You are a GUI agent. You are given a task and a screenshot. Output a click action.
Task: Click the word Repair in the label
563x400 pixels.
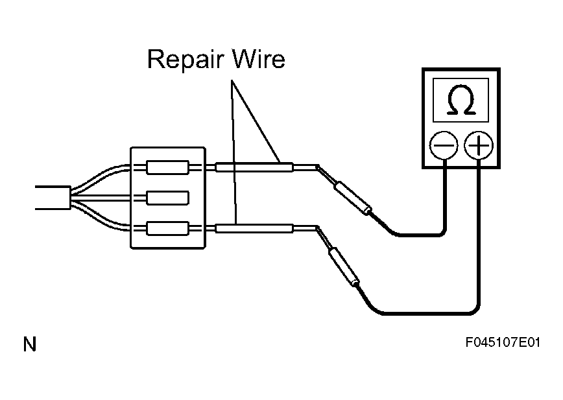(186, 60)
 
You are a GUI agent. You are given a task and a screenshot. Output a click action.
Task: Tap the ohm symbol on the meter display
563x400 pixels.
(461, 100)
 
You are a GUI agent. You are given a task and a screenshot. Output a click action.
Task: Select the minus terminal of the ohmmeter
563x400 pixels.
(444, 145)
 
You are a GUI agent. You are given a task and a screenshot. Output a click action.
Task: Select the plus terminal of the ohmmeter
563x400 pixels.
(479, 145)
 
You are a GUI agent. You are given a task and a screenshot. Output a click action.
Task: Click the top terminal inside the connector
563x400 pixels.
(168, 167)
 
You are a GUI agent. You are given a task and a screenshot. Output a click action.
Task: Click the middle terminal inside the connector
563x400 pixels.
(168, 198)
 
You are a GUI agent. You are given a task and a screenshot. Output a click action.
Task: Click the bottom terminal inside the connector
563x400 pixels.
(168, 228)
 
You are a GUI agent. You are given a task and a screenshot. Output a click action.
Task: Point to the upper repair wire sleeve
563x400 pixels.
(254, 167)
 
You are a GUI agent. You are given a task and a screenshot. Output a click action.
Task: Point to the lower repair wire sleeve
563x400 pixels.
(254, 228)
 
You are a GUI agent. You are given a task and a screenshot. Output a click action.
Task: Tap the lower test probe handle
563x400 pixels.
(344, 266)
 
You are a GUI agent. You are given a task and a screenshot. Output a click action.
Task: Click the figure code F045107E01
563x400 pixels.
(503, 342)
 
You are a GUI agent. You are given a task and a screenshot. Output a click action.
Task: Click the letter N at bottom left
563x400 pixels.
(30, 344)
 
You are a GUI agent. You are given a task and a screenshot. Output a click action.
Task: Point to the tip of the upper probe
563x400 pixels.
(317, 166)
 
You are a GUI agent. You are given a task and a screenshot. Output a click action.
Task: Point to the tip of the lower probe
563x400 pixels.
(317, 227)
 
